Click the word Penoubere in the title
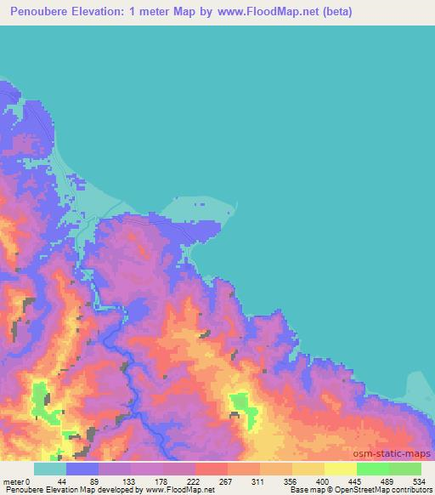pos(41,13)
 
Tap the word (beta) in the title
pos(334,13)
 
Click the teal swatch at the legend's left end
pos(49,469)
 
